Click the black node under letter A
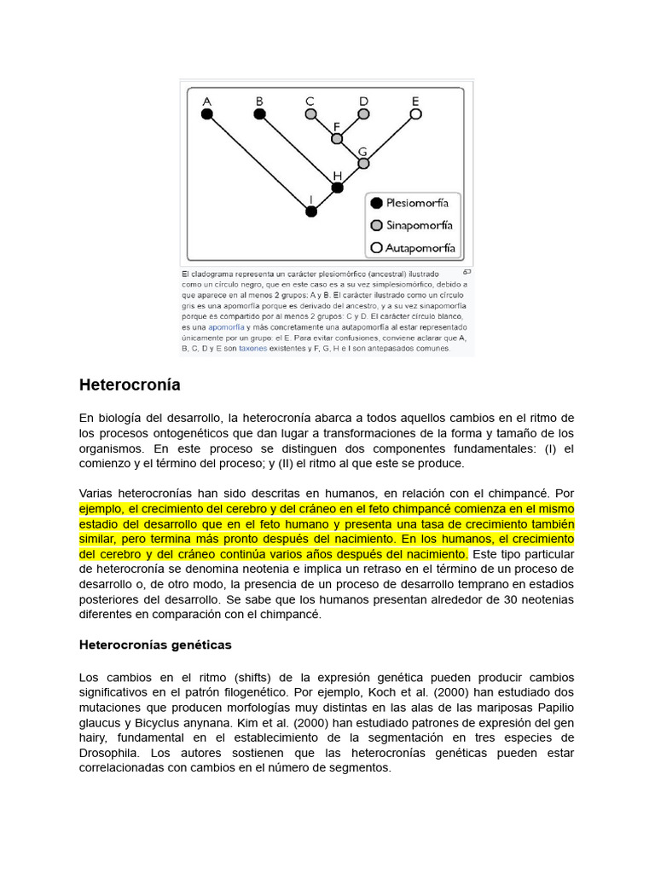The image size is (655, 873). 206,113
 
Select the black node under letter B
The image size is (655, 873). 259,113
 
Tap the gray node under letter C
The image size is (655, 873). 311,113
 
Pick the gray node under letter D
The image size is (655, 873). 363,113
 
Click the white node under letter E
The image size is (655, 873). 415,113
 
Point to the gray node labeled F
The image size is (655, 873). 337,138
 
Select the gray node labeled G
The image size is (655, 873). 363,163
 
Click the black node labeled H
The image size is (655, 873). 337,187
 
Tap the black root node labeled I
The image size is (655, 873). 311,211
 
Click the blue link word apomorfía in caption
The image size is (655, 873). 226,327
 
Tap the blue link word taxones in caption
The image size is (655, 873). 252,348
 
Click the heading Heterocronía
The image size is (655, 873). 130,384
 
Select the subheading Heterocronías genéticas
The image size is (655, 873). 155,645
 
